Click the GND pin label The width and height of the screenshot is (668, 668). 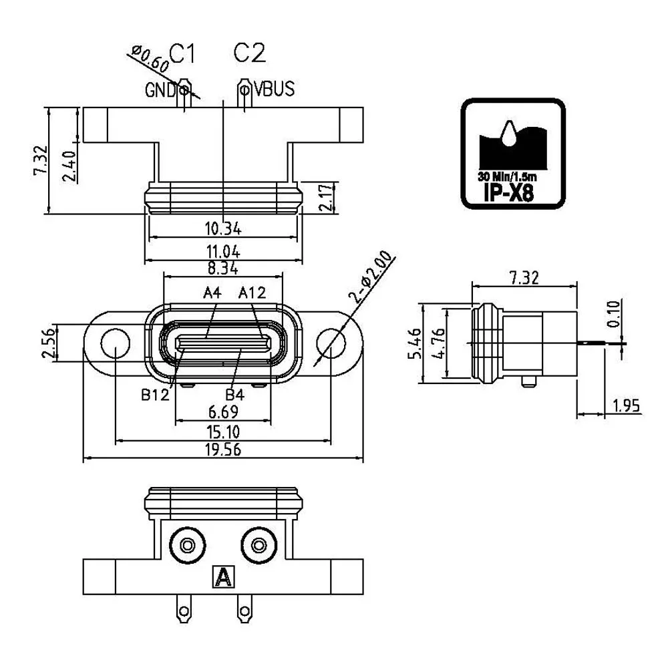(x=160, y=90)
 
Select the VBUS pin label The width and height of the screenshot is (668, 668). (x=275, y=89)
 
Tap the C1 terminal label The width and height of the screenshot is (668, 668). (x=182, y=53)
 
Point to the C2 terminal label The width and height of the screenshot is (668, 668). (x=249, y=53)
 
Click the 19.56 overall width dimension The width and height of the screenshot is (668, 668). (x=223, y=450)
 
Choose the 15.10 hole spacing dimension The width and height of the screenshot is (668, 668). (x=223, y=432)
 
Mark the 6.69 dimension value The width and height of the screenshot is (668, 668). (x=223, y=412)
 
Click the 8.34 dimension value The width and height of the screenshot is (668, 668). (x=223, y=269)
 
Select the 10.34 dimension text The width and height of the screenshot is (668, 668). (x=223, y=228)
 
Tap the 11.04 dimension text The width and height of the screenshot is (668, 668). (x=223, y=252)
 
